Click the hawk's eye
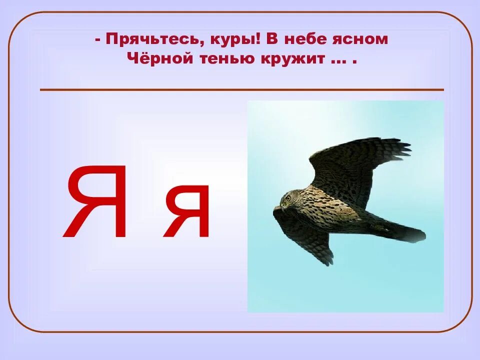point(287,197)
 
